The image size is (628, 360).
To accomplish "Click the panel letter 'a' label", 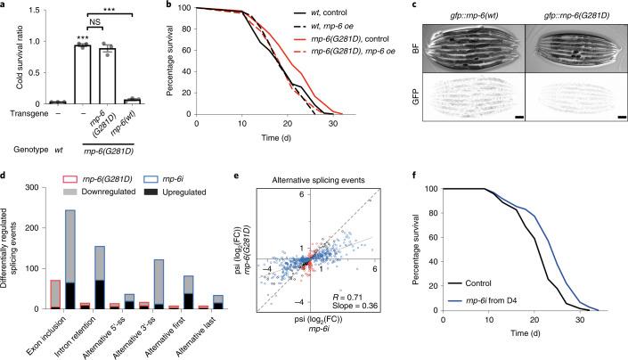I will (5, 6).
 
